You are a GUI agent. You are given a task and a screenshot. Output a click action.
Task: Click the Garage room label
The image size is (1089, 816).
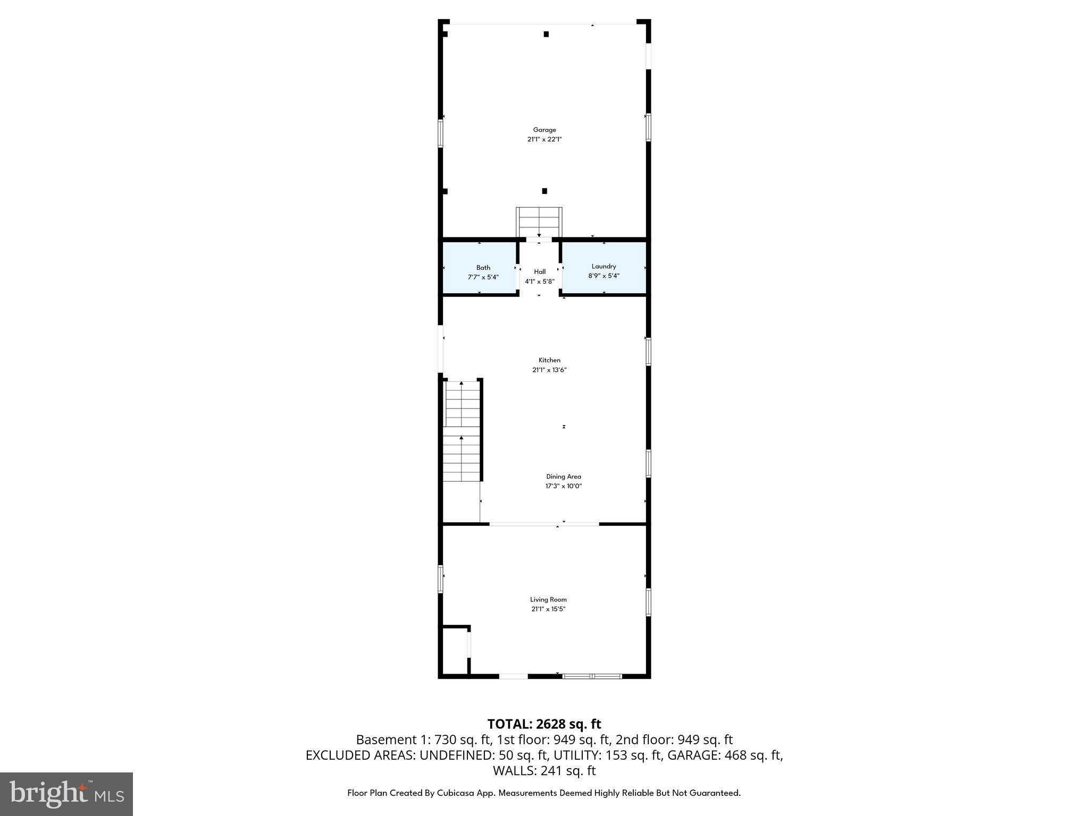(544, 130)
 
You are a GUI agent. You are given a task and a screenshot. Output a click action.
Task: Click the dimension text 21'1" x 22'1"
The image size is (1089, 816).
(544, 139)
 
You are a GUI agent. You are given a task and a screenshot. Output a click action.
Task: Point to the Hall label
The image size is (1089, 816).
(540, 271)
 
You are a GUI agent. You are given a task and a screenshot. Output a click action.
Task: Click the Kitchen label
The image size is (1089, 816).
(549, 360)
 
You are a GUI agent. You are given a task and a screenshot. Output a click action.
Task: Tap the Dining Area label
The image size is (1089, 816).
(564, 477)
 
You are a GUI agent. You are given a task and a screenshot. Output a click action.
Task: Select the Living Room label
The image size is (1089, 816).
(548, 599)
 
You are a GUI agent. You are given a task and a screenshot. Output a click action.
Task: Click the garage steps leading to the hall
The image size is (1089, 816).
(539, 222)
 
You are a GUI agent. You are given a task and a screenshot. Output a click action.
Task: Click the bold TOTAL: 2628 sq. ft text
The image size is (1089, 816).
(544, 724)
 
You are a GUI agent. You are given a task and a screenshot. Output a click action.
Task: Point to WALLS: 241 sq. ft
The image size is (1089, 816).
(544, 770)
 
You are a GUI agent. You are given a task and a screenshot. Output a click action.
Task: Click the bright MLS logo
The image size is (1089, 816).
(66, 794)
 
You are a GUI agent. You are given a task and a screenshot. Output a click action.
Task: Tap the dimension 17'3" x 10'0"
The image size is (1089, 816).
(564, 486)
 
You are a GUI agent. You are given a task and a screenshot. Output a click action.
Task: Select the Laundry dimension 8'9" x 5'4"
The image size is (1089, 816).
(604, 276)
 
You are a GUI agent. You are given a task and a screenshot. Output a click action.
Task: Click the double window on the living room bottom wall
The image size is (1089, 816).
(592, 676)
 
